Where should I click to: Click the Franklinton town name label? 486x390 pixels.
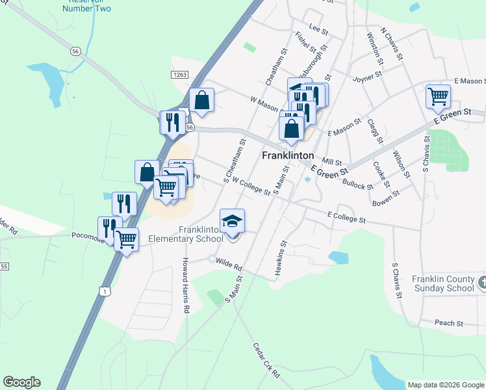tap(288, 156)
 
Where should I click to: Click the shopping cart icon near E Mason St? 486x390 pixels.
tap(439, 97)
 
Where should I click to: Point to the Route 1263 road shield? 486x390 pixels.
tap(180, 75)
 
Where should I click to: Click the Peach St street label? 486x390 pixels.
tap(449, 323)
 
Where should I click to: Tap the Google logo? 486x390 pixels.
tap(21, 382)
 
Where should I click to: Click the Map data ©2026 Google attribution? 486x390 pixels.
tap(446, 385)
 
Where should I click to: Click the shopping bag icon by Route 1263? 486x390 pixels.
tap(202, 101)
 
